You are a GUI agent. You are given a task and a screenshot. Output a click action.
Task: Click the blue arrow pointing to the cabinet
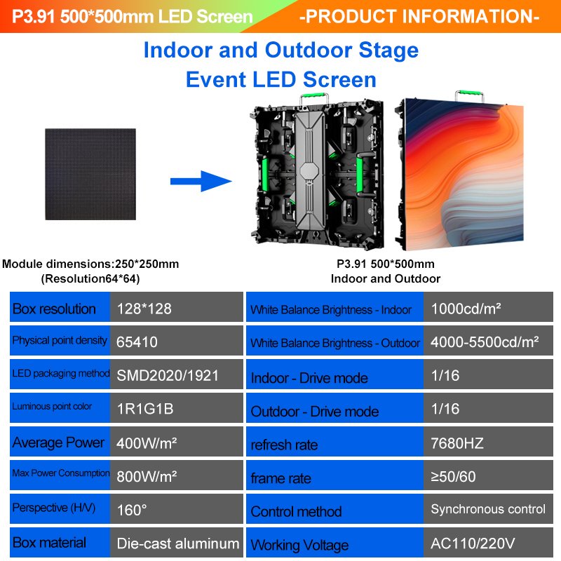click(x=201, y=182)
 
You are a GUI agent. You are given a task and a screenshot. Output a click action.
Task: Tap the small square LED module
click(x=90, y=174)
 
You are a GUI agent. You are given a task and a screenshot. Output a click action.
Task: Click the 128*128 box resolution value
click(x=144, y=309)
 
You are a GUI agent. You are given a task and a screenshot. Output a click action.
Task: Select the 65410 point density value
click(x=137, y=342)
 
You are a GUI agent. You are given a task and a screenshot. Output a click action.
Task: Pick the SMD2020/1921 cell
click(x=168, y=376)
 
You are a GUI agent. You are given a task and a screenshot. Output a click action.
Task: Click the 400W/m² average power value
click(x=145, y=442)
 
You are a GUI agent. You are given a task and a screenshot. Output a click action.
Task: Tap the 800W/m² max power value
click(x=146, y=476)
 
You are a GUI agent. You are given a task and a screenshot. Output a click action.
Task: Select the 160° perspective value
click(x=131, y=510)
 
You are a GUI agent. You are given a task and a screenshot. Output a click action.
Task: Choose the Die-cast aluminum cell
click(x=177, y=543)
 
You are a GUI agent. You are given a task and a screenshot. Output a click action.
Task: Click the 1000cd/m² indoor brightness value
click(x=466, y=309)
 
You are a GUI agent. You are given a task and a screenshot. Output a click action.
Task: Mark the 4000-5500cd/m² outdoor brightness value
click(x=485, y=342)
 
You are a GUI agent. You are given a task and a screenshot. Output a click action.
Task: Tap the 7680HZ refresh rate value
click(x=457, y=442)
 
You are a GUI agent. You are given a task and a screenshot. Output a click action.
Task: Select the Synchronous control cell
click(x=488, y=509)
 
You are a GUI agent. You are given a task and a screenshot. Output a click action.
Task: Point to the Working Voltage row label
click(x=299, y=545)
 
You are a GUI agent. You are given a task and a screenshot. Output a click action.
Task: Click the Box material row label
click(x=50, y=543)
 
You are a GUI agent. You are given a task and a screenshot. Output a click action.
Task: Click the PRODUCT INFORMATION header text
click(x=419, y=15)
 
